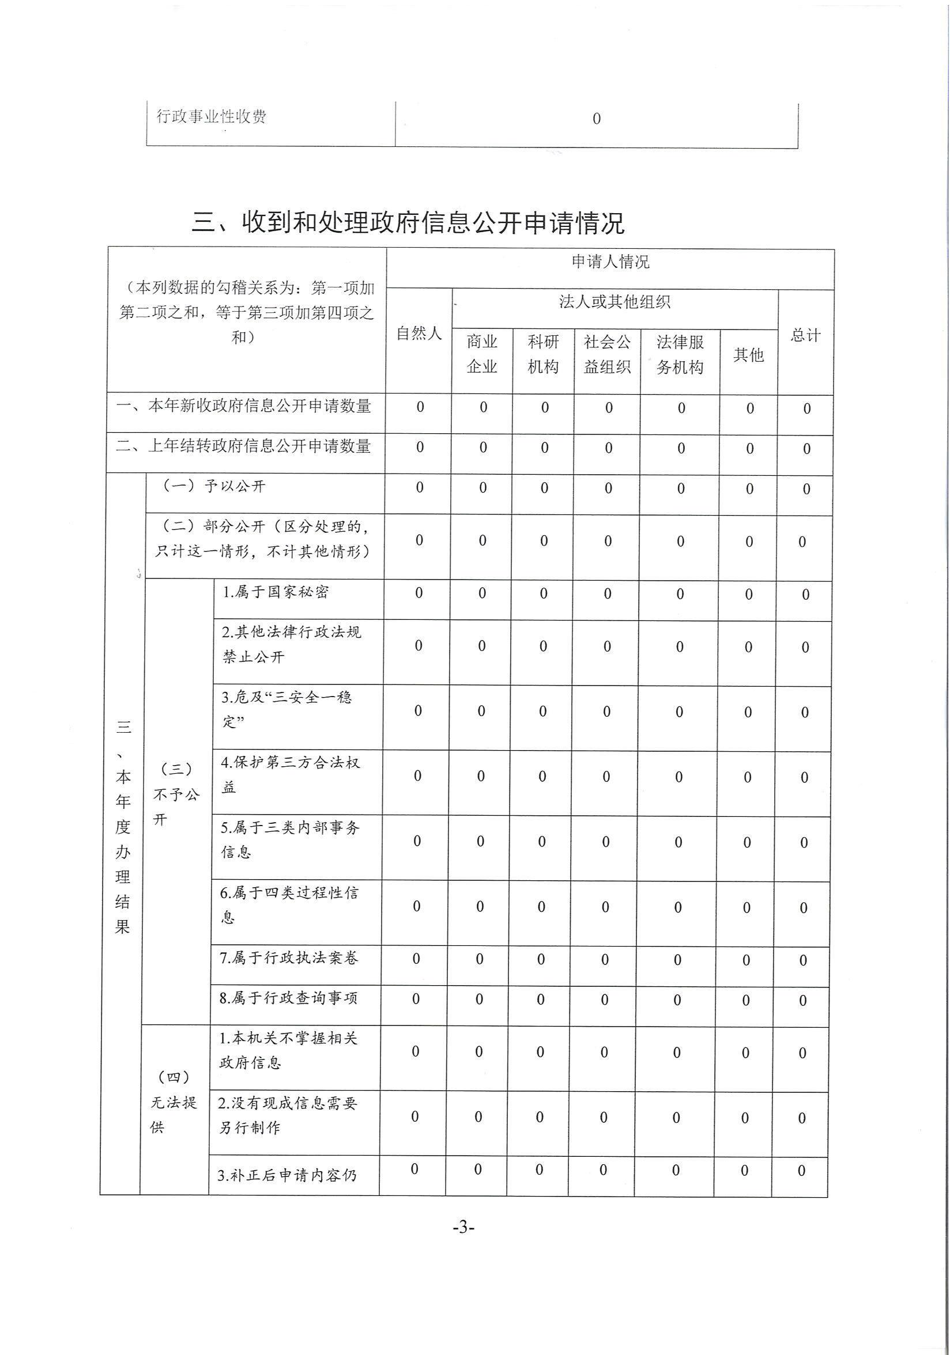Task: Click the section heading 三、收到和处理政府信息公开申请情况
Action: (x=408, y=222)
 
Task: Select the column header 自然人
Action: (x=419, y=334)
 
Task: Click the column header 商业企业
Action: (x=482, y=354)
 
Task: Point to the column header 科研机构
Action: (x=543, y=354)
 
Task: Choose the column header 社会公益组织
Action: (x=607, y=354)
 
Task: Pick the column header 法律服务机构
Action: (x=680, y=354)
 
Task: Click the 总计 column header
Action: (x=805, y=335)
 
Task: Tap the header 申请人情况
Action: (x=610, y=262)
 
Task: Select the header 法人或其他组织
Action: (x=615, y=302)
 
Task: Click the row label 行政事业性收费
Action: (x=211, y=116)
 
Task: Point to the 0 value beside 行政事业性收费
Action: (x=596, y=119)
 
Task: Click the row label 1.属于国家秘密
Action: (x=275, y=592)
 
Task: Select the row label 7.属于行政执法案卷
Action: (x=289, y=957)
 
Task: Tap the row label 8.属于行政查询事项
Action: (x=288, y=998)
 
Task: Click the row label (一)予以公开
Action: (x=214, y=486)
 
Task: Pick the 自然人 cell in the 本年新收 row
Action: (x=420, y=407)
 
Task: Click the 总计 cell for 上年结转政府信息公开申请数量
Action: (x=806, y=449)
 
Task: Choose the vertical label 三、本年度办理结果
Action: (x=123, y=826)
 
